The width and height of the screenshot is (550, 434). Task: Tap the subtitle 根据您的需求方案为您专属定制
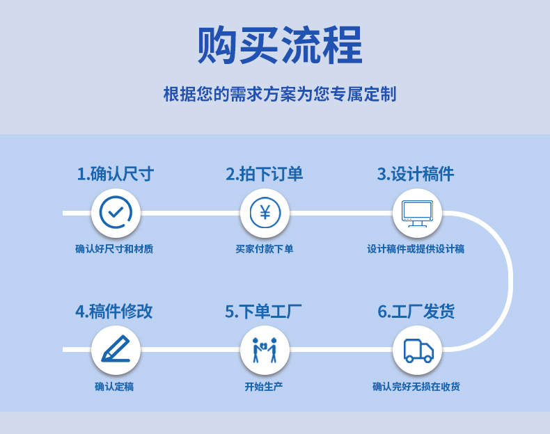pos(279,94)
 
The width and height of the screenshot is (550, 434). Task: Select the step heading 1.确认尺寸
pos(115,174)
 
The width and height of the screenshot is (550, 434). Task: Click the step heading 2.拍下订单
pos(265,174)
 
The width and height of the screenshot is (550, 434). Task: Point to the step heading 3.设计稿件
pos(416,174)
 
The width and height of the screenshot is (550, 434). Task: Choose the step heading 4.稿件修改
pos(114,311)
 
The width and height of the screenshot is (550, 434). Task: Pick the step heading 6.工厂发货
pos(416,311)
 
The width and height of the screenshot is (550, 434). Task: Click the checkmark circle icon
pos(116,213)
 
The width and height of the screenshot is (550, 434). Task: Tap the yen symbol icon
pos(265,213)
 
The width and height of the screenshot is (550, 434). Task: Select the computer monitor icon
pos(417,213)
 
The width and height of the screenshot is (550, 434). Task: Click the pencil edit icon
pos(116,350)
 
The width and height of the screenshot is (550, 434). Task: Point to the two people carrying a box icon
pos(265,350)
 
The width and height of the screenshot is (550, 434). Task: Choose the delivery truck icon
pos(417,350)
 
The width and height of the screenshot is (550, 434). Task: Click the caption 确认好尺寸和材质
pos(114,249)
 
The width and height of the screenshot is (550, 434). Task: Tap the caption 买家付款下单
pos(265,249)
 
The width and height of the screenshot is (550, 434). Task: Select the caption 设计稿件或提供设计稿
pos(416,249)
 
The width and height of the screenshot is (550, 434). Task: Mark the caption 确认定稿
pos(114,387)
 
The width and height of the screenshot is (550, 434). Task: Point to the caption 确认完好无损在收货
pos(416,387)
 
